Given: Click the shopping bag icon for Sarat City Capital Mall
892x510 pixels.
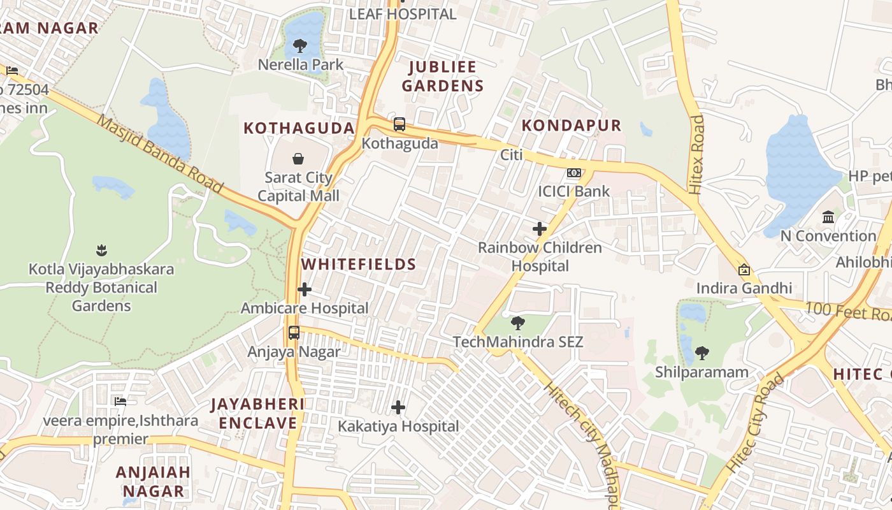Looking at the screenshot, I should coord(298,158).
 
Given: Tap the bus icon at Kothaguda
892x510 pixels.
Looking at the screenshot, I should coord(399,124).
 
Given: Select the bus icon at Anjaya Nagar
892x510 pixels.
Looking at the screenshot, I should coord(294,332).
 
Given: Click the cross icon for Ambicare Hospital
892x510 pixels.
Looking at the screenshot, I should coord(305,289).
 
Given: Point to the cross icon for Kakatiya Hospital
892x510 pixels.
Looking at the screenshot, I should coord(398,407).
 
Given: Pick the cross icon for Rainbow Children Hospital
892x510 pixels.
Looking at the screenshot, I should coord(540,228).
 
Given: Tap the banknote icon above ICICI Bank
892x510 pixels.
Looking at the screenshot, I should coord(574,173).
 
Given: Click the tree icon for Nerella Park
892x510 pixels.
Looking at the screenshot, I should coord(300,46).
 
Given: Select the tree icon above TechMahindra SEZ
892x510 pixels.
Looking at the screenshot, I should coord(518,323).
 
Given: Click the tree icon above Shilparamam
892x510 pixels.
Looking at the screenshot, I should coord(701,353).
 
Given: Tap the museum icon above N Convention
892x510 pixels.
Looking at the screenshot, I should coord(828,217).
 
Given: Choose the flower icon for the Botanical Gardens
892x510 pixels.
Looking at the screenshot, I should coord(101,250).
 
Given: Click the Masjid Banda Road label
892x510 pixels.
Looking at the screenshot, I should coord(159,153).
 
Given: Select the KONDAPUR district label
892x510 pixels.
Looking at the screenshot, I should coord(571,125).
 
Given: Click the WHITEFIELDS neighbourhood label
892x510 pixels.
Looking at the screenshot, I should coord(359,264).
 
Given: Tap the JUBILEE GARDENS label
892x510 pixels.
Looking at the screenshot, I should coord(443,76).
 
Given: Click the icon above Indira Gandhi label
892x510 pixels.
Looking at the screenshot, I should coord(744,270).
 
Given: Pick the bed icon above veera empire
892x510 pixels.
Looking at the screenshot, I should coord(120,402).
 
